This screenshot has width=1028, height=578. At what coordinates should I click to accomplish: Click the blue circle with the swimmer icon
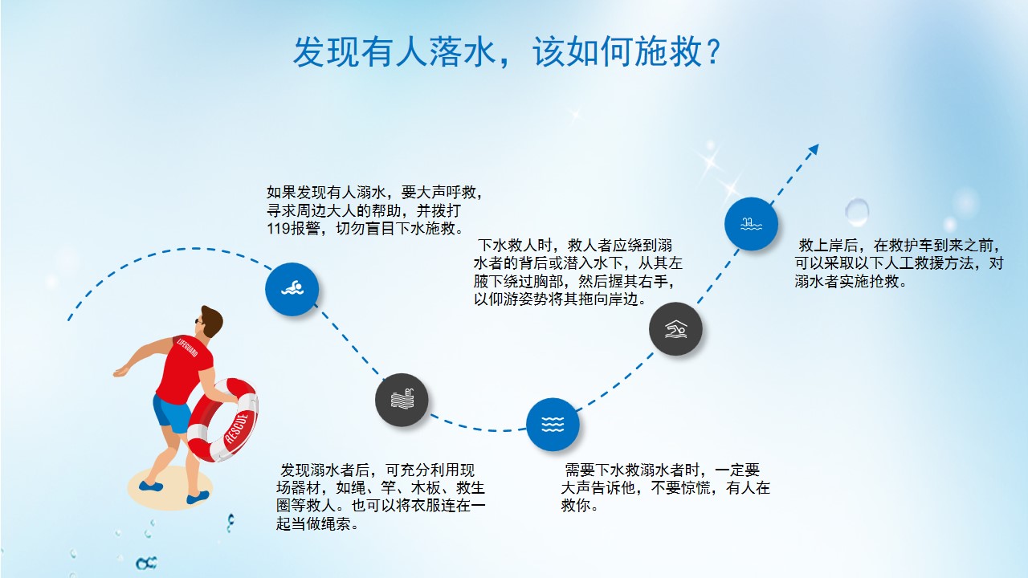pos(292,289)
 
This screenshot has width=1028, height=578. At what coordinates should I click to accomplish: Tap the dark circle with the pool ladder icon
pos(402,400)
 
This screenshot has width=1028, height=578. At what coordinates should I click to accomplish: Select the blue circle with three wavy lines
pos(553,425)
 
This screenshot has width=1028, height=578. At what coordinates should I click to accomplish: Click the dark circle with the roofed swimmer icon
pos(675,328)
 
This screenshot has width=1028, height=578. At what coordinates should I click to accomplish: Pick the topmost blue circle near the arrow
pos(751,224)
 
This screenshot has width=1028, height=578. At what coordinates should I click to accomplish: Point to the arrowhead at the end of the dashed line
pos(814,149)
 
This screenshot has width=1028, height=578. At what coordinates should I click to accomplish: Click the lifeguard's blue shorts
pos(171,413)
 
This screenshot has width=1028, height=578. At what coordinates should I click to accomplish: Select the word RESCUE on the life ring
pos(237,429)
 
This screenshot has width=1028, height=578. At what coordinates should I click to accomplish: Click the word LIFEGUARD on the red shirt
pos(187,347)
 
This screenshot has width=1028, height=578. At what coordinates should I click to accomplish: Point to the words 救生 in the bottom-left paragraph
pos(471,487)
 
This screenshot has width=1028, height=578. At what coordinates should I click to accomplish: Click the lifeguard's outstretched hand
pos(120,372)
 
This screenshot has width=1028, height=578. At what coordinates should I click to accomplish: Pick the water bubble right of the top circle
pos(857,212)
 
